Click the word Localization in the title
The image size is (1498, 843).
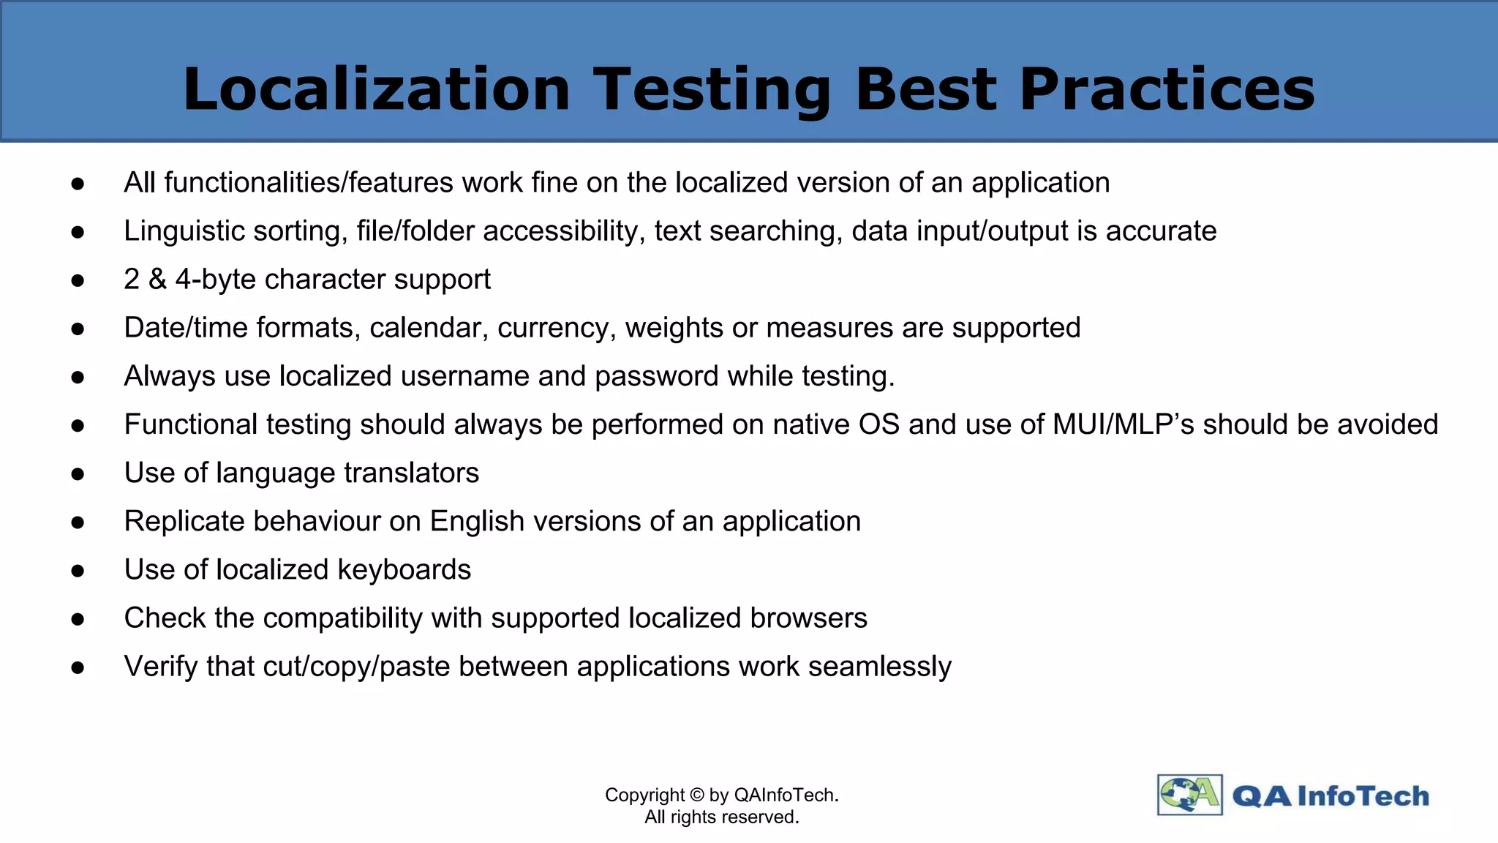pos(376,89)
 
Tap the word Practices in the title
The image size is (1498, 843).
pos(1167,89)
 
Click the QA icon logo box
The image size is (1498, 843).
pos(1189,795)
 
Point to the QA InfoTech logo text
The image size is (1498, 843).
pos(1330,796)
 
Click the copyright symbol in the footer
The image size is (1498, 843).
pos(696,795)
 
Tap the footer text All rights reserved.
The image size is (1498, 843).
pos(721,817)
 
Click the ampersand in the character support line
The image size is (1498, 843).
pos(157,280)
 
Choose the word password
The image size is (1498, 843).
pos(656,377)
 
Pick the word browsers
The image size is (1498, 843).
pos(808,618)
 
